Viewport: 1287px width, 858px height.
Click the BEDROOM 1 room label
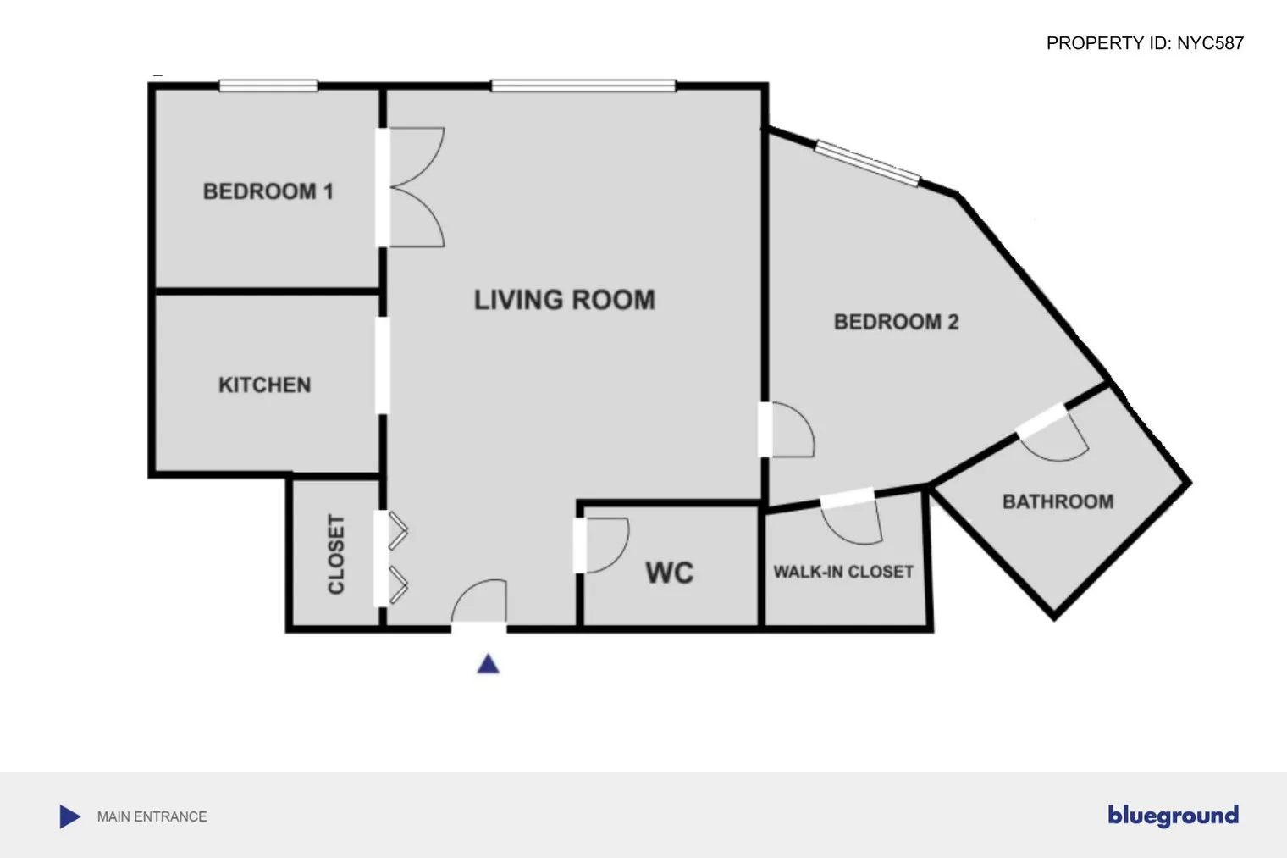268,191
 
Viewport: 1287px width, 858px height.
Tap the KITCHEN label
264,385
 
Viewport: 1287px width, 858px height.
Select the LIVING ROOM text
564,300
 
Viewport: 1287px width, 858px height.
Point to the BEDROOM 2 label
896,322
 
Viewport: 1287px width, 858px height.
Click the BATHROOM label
1058,501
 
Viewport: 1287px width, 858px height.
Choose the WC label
669,573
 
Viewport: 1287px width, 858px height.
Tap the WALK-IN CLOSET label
843,572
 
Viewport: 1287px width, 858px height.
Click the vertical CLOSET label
336,554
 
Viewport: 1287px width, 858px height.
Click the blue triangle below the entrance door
488,664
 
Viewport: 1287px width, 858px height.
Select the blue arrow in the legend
69,816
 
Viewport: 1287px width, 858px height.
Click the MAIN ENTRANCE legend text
152,816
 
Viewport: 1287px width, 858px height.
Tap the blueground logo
1173,816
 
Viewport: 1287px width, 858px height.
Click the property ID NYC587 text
1145,43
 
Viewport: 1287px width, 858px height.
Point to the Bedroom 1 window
268,86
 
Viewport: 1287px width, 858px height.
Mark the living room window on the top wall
583,86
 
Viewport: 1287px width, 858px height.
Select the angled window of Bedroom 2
867,163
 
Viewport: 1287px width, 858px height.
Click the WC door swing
605,545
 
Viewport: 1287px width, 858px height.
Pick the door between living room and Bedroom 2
788,429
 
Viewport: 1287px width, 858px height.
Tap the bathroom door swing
1057,436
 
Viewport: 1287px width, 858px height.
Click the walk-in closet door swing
851,518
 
